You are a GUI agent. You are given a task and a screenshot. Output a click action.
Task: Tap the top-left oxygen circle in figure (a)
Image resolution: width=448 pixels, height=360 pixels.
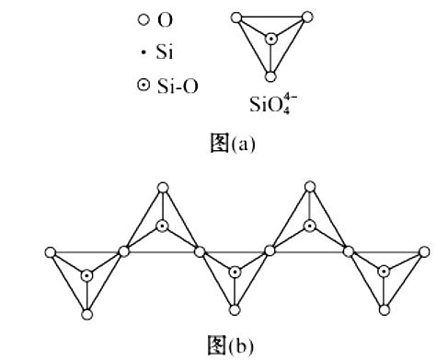[x=236, y=17]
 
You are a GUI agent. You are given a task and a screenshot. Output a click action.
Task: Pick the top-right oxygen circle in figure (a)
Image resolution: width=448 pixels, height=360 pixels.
[x=305, y=17]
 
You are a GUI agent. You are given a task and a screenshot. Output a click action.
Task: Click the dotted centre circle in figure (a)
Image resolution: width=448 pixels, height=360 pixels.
[x=270, y=39]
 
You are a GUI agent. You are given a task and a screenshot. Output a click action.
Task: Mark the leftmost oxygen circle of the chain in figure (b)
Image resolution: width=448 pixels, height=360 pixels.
[x=50, y=250]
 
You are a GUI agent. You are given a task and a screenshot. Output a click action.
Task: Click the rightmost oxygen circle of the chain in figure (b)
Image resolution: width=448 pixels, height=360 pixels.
[x=424, y=250]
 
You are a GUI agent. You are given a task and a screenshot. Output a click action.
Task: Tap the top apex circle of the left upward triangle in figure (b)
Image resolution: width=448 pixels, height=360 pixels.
[x=162, y=188]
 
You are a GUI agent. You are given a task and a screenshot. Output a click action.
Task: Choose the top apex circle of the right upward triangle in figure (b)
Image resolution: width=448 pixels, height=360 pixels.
[x=311, y=188]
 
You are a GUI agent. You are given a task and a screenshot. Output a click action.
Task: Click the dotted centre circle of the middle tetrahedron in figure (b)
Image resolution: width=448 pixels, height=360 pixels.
[x=235, y=272]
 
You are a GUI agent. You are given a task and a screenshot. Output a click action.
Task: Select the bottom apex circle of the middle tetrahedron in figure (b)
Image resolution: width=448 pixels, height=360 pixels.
[x=235, y=312]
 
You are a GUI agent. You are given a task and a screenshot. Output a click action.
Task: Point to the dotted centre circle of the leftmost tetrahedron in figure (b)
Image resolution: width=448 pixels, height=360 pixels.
[x=86, y=274]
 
